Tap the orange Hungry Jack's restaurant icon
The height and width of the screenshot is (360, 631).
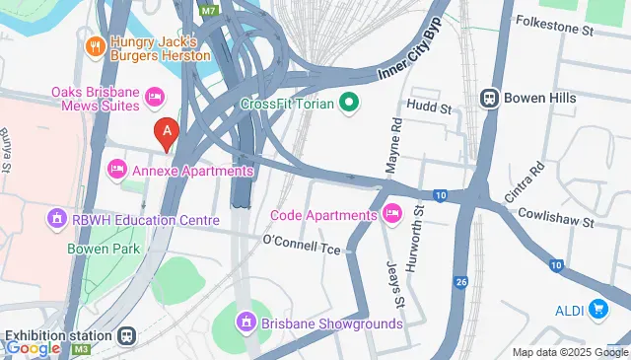96,44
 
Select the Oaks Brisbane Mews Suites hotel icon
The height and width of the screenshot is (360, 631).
154,95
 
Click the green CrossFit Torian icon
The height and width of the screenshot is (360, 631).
348,101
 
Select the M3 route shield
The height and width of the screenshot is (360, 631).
81,348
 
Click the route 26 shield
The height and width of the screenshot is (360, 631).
460,283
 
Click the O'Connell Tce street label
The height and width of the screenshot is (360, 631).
302,242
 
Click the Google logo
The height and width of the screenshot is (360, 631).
32,347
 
